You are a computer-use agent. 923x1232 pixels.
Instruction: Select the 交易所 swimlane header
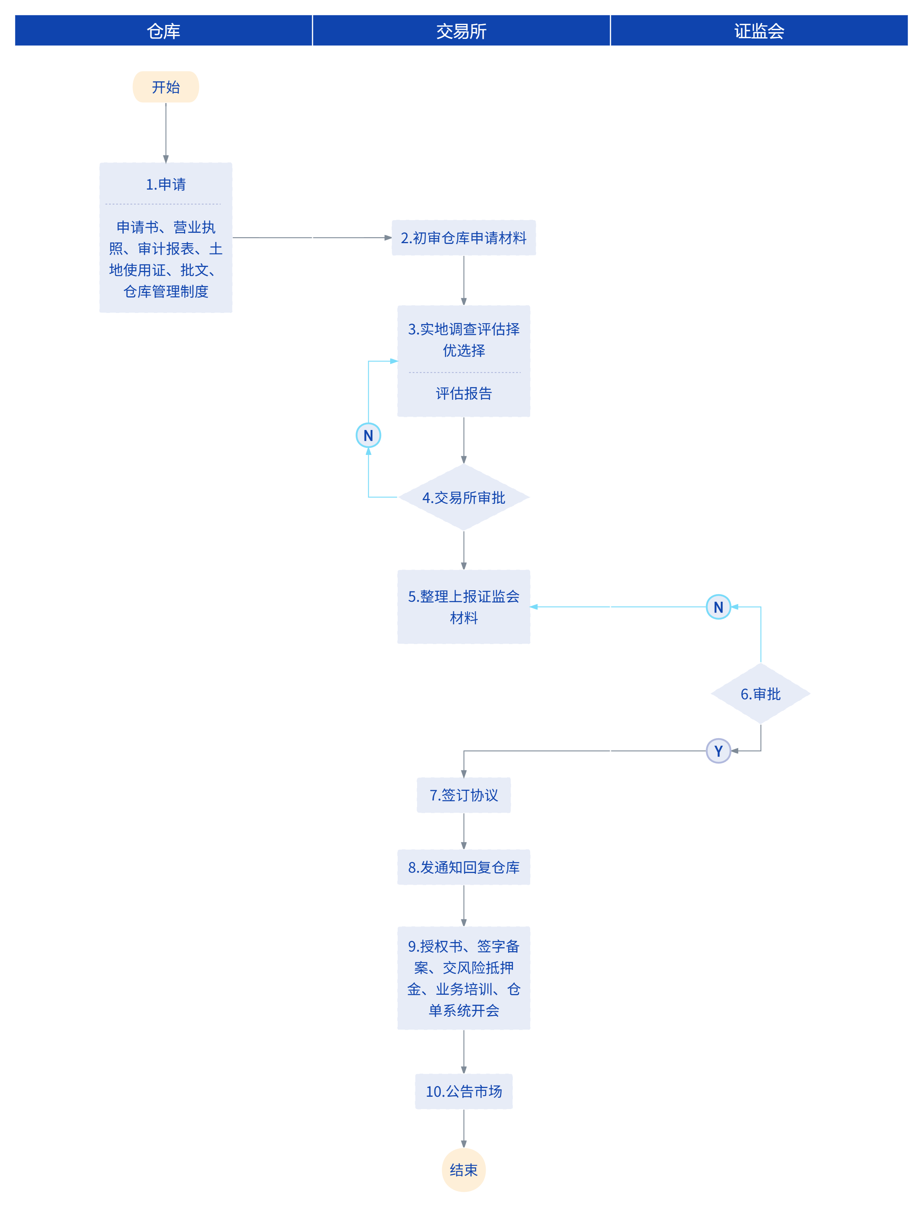click(x=461, y=31)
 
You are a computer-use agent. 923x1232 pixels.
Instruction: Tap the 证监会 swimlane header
click(x=759, y=31)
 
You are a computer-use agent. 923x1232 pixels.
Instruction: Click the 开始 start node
click(x=166, y=87)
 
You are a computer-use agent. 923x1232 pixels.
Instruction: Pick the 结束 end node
click(x=464, y=1170)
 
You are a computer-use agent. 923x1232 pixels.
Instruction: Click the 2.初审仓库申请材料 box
click(x=464, y=238)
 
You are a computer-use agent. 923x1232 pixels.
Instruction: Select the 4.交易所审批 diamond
click(x=464, y=497)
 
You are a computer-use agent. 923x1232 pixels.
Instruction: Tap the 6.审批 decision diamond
click(x=760, y=693)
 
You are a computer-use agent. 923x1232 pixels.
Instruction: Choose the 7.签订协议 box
click(x=464, y=795)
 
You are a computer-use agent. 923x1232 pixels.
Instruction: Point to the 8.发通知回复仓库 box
click(x=464, y=867)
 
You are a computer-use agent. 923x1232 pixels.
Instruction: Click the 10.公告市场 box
click(x=464, y=1091)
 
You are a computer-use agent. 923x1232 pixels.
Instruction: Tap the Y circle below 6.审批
click(x=718, y=751)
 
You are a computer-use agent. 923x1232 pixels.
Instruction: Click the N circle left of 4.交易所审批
click(x=369, y=435)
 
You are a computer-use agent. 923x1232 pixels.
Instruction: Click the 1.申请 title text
click(x=166, y=184)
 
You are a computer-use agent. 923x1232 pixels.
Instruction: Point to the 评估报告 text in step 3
click(x=464, y=393)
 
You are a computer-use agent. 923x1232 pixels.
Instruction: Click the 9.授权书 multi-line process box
click(x=464, y=978)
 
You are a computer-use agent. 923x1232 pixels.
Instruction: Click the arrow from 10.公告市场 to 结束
click(x=464, y=1128)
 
